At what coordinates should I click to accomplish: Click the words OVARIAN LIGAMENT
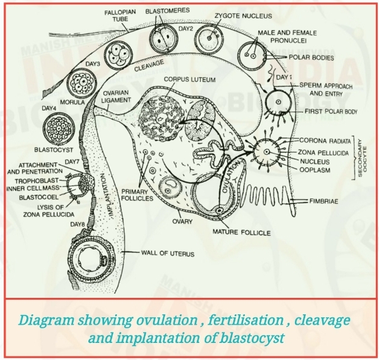[x=111, y=97]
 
